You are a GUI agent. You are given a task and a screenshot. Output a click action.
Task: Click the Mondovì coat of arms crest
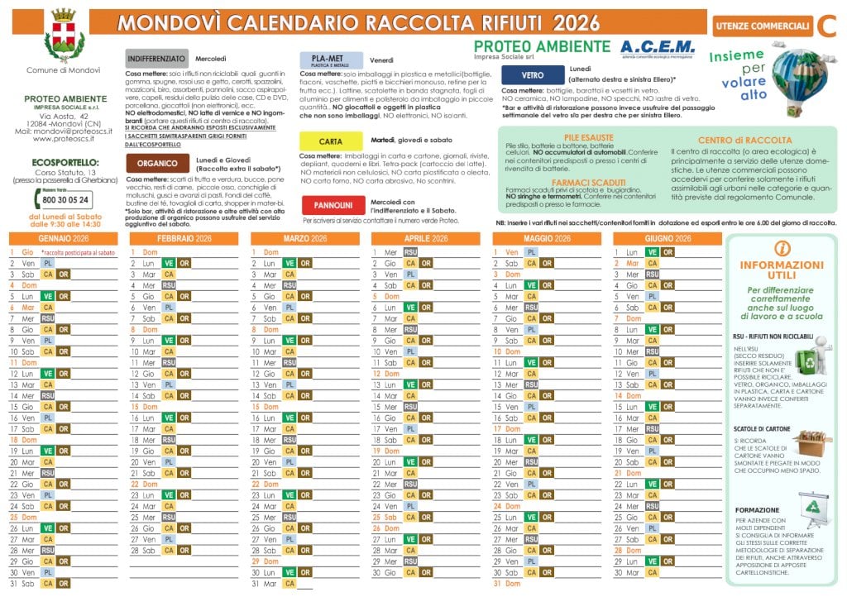[x=62, y=34]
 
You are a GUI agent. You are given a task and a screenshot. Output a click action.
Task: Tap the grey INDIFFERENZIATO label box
[x=156, y=59]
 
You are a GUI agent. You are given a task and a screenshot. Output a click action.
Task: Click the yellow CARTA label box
[x=330, y=141]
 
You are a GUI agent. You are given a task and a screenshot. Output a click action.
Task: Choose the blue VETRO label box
[x=532, y=74]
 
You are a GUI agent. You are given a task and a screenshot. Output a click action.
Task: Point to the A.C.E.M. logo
[x=658, y=47]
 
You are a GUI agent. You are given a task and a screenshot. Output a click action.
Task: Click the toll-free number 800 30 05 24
[x=65, y=200]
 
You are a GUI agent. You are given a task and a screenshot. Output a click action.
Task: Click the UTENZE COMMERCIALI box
[x=761, y=26]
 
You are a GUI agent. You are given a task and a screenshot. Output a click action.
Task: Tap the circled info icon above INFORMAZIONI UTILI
[x=782, y=247]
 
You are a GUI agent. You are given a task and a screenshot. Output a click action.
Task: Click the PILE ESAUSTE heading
[x=571, y=136]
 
